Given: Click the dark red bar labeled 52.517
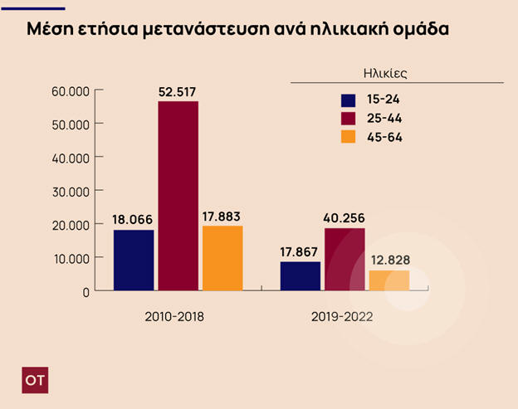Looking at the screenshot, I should coord(178,196).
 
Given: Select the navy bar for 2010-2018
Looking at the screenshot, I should coord(134,260).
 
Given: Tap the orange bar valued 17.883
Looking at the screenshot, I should coord(222,258).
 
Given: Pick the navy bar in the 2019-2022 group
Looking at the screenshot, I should coord(301,276).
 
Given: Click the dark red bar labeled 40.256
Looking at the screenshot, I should coord(345,260).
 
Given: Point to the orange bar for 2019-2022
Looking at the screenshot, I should coord(388,280).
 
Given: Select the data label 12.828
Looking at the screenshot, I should coord(389,260).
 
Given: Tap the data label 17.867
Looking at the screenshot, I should coord(301,252).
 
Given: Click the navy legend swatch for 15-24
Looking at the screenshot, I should coord(348,99).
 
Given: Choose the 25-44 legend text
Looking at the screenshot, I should coord(384,118).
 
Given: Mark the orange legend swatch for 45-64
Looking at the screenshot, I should coord(348,137).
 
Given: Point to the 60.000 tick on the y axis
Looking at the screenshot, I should coord(71,90).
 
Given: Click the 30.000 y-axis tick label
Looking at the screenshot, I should coord(71,191).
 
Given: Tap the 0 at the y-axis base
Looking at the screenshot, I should coord(86,292).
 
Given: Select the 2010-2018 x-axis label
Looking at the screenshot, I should coord(176,317).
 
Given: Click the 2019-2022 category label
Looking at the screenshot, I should coord(342,317).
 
